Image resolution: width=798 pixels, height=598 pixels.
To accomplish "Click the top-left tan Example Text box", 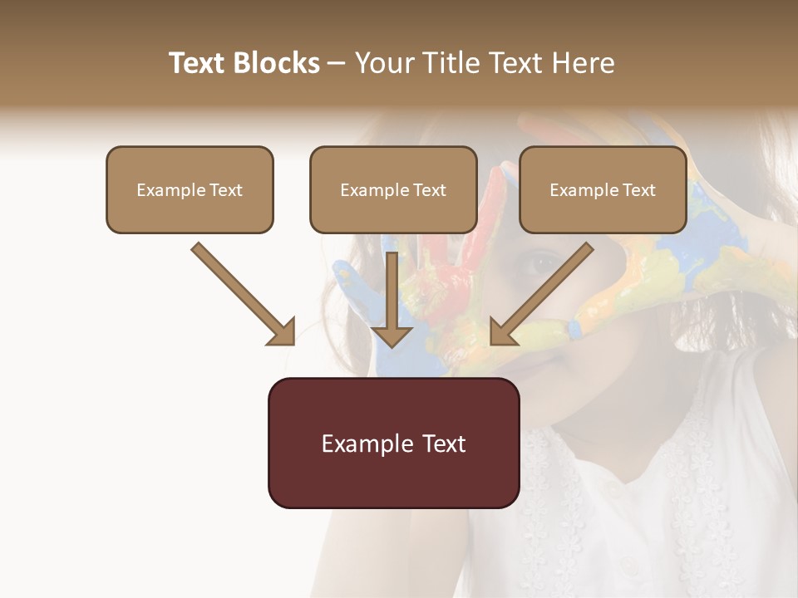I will pyautogui.click(x=190, y=189).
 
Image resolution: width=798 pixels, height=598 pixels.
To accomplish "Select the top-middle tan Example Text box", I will pyautogui.click(x=393, y=189).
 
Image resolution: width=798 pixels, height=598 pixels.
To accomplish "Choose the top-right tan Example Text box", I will pyautogui.click(x=603, y=189).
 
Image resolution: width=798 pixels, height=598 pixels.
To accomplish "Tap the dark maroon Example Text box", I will pyautogui.click(x=393, y=443).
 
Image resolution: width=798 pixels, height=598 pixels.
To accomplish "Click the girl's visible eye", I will pyautogui.click(x=542, y=263).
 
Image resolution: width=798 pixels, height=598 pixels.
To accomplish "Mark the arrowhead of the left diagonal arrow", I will pyautogui.click(x=283, y=332).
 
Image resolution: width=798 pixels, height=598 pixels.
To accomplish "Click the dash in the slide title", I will pyautogui.click(x=337, y=63).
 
